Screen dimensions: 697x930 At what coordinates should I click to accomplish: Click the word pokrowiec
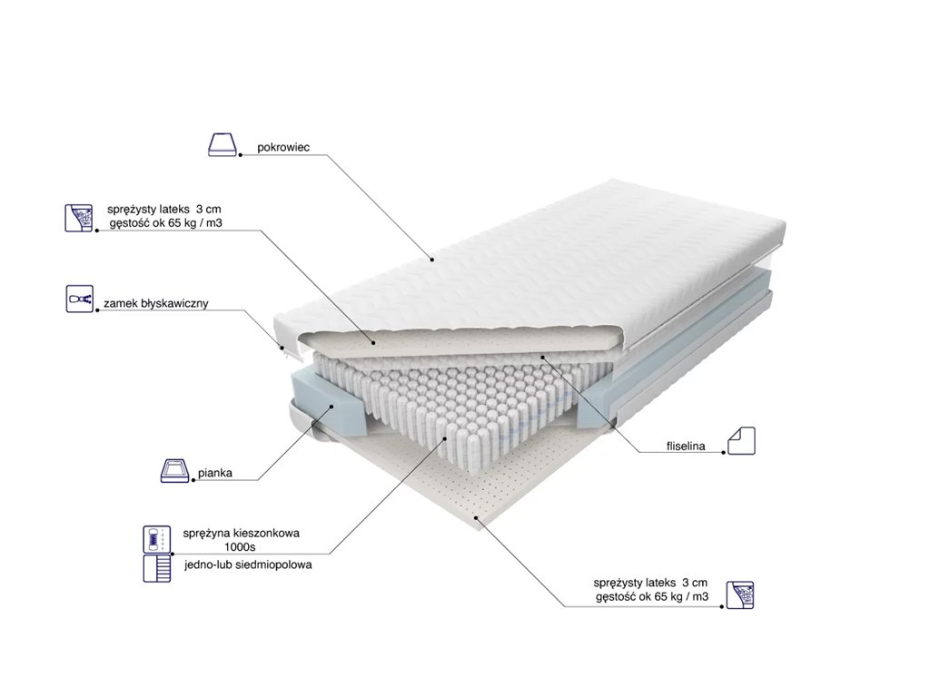282,146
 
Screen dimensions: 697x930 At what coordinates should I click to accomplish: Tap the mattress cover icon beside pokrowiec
223,144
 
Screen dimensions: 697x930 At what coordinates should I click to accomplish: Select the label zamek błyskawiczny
156,303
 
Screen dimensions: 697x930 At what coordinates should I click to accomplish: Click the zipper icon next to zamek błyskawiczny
79,298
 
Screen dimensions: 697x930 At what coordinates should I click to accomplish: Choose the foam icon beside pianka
173,471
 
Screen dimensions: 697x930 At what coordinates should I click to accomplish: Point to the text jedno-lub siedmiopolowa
247,564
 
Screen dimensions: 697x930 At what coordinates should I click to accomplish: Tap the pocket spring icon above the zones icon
155,539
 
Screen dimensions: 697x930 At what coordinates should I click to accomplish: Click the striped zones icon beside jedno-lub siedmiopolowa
155,568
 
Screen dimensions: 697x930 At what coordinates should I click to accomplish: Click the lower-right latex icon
739,594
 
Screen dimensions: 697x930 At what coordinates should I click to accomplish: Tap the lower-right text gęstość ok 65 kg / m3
651,595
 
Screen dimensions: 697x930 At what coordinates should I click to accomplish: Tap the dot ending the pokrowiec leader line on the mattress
434,260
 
